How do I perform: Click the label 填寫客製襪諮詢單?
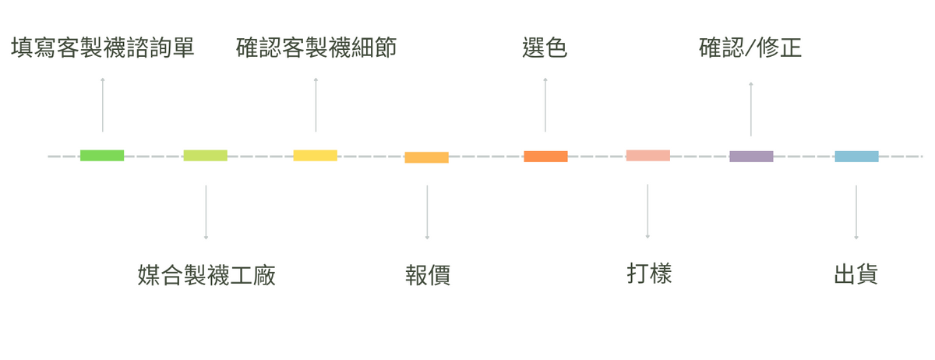click(x=102, y=48)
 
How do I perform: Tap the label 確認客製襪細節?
click(x=316, y=48)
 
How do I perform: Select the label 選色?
click(x=545, y=48)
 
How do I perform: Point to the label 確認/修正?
click(x=750, y=48)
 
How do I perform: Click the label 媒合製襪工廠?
click(x=206, y=275)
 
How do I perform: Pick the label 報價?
click(x=427, y=275)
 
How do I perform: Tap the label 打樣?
click(x=648, y=274)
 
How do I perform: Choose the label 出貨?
click(x=856, y=274)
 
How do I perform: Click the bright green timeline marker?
click(x=102, y=155)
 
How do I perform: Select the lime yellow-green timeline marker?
click(x=206, y=155)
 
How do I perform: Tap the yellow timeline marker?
click(x=316, y=155)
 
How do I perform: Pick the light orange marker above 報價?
click(x=426, y=157)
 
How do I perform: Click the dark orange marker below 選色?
click(x=545, y=156)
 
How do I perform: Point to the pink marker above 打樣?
click(x=647, y=155)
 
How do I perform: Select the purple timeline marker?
click(x=751, y=156)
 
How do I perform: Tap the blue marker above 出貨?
click(x=856, y=156)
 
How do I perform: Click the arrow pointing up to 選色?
click(x=545, y=104)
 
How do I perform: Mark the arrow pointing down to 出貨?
click(x=856, y=212)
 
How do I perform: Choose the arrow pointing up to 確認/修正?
click(x=751, y=108)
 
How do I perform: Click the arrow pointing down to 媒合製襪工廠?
click(x=206, y=212)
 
